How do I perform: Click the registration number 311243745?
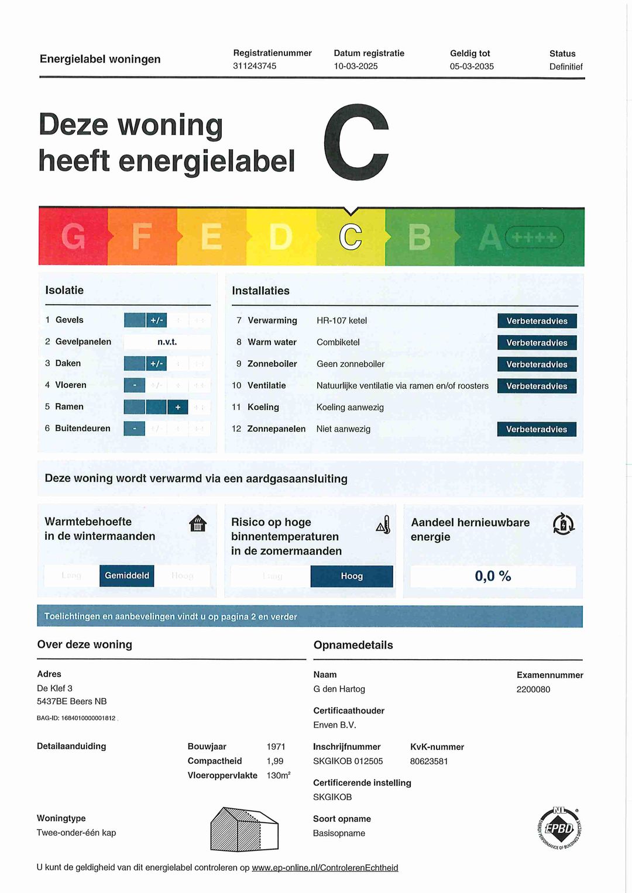point(255,66)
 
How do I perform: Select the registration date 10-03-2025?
point(356,66)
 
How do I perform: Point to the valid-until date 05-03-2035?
point(472,67)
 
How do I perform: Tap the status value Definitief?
point(566,67)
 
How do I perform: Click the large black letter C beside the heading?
point(356,143)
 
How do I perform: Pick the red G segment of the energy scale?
point(73,237)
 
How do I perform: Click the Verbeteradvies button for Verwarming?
point(537,321)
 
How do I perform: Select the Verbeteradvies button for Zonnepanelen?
point(537,429)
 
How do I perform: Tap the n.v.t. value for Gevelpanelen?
point(167,342)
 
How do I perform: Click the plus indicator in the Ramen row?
point(177,407)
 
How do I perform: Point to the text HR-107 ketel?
point(342,320)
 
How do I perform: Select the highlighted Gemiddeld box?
point(127,575)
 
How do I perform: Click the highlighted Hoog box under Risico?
point(352,576)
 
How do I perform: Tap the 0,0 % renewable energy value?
point(493,576)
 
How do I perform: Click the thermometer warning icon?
point(383,525)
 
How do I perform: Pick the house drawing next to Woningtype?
point(244,829)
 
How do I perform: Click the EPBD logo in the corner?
point(559,828)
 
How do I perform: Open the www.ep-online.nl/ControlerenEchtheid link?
point(325,868)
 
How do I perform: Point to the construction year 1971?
point(276,747)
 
